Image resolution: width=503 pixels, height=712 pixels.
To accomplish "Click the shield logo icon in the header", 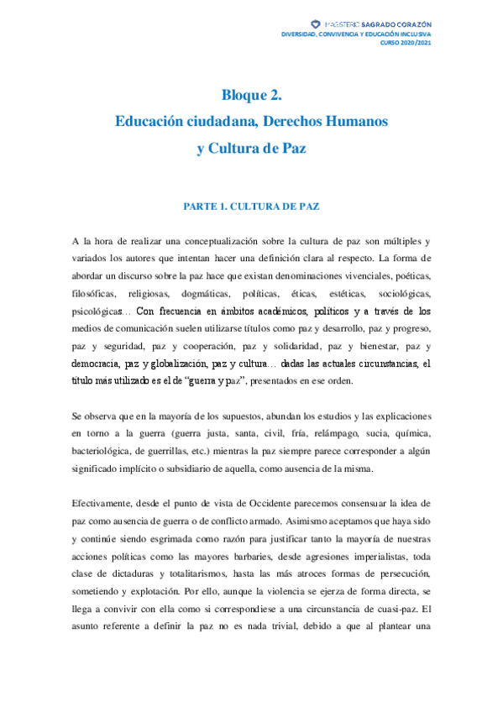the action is click(315, 24).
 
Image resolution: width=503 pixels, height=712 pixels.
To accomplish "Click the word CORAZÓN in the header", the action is click(409, 24).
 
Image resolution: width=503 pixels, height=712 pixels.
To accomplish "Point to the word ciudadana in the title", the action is click(215, 121).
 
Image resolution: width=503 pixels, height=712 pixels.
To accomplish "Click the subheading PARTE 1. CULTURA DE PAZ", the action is click(251, 205).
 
